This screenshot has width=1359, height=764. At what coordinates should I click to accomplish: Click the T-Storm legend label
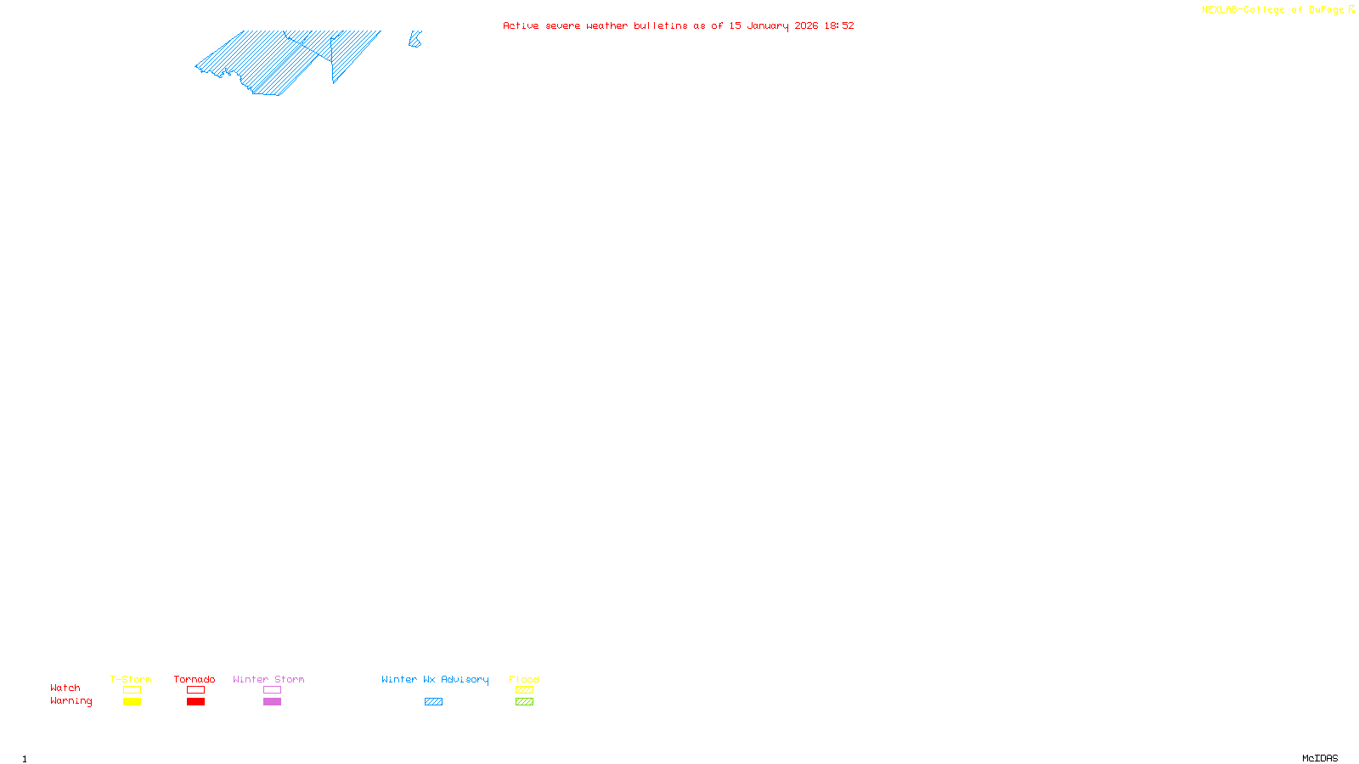(131, 679)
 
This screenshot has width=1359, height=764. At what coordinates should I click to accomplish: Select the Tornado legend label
(195, 679)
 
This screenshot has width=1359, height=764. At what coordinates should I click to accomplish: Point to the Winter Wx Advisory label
(435, 679)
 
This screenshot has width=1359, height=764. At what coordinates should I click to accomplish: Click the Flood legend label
(524, 679)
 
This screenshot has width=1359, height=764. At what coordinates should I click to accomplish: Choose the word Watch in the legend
(65, 688)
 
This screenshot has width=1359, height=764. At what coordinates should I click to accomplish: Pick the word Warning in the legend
(70, 701)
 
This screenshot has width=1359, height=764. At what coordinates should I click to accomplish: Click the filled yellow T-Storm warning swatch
(132, 702)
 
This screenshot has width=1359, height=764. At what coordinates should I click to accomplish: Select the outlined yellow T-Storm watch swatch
(132, 690)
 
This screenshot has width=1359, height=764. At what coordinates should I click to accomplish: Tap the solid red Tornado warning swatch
(195, 702)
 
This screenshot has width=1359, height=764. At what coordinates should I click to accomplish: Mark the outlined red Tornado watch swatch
(195, 690)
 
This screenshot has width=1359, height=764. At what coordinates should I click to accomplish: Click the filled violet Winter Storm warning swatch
(272, 702)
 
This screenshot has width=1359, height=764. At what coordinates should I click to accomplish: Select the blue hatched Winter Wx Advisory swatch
(433, 702)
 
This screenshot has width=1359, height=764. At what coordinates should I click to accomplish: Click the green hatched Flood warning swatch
(524, 702)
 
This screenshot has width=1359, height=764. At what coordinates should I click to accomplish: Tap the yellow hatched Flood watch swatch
(524, 690)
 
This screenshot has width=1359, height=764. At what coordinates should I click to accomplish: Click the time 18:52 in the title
(839, 25)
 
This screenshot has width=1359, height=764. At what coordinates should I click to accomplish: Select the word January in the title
(768, 25)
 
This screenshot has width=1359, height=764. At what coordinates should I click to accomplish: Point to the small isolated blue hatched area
(414, 39)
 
